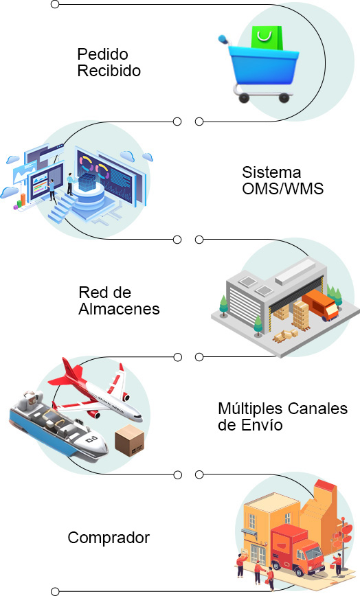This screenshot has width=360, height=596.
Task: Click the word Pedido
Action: coord(102,54)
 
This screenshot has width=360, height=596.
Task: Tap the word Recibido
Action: coord(109,71)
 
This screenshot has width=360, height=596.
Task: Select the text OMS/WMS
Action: coord(283,189)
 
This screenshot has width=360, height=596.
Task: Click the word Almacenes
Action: coord(119,309)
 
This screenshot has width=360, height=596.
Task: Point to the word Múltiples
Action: coord(251,409)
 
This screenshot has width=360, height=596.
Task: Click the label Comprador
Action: coord(109,538)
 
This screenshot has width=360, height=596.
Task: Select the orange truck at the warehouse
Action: coord(320,305)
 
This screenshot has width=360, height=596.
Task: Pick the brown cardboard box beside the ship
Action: coord(130,441)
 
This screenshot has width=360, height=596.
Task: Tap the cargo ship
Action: coord(57,426)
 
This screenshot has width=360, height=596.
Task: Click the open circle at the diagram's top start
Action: coord(55,4)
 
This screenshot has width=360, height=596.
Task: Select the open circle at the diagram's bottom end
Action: coord(55,591)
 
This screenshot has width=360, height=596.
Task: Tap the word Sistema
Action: coord(271,172)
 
